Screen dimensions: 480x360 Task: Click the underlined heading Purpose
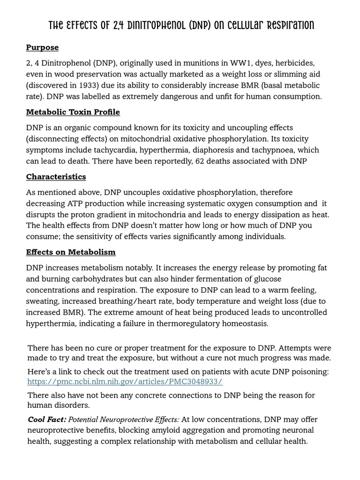pos(42,47)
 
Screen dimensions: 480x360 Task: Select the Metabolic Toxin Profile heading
pos(73,112)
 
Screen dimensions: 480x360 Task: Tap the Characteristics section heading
pos(56,177)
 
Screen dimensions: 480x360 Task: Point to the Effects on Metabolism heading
pos(70,252)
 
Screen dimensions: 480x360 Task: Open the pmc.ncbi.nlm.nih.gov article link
pos(125,382)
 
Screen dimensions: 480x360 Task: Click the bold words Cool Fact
pos(46,419)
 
